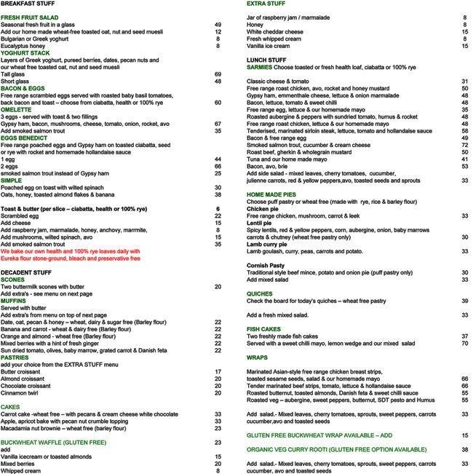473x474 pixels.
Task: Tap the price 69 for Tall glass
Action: pyautogui.click(x=218, y=75)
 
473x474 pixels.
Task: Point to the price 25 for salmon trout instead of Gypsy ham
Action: pyautogui.click(x=218, y=174)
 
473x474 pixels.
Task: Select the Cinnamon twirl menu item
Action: pyautogui.click(x=23, y=371)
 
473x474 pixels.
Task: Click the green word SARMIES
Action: pyautogui.click(x=260, y=67)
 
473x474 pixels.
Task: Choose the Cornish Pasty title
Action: pyautogui.click(x=269, y=265)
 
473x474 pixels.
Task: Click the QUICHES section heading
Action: pyautogui.click(x=260, y=293)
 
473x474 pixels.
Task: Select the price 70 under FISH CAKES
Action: pyautogui.click(x=464, y=343)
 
